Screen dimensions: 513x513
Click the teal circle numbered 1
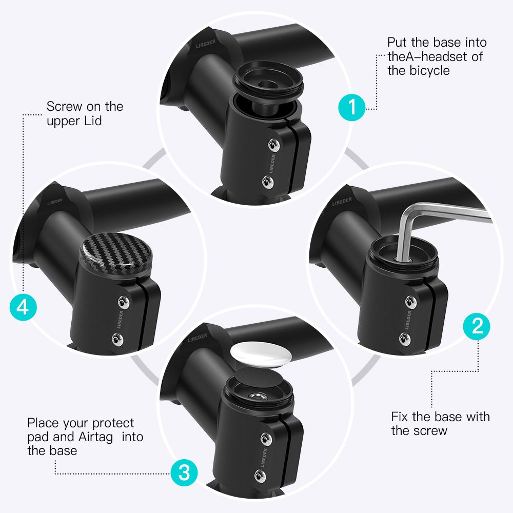coord(352,107)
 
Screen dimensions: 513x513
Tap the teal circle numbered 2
coord(477,326)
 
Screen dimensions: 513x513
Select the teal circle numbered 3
coord(184,472)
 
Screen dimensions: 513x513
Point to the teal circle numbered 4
coord(23,307)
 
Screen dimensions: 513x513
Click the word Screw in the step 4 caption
coord(65,107)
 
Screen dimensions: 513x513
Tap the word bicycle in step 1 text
coord(429,71)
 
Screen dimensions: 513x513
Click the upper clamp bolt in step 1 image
coord(274,145)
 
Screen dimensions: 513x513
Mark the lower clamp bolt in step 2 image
coord(405,339)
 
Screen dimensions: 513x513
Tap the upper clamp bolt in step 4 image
coord(123,302)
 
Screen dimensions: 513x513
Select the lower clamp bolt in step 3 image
coord(260,476)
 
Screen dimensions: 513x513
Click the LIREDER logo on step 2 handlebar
coord(342,202)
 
